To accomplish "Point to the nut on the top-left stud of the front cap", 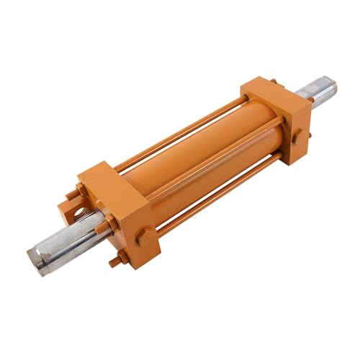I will [79, 189].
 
